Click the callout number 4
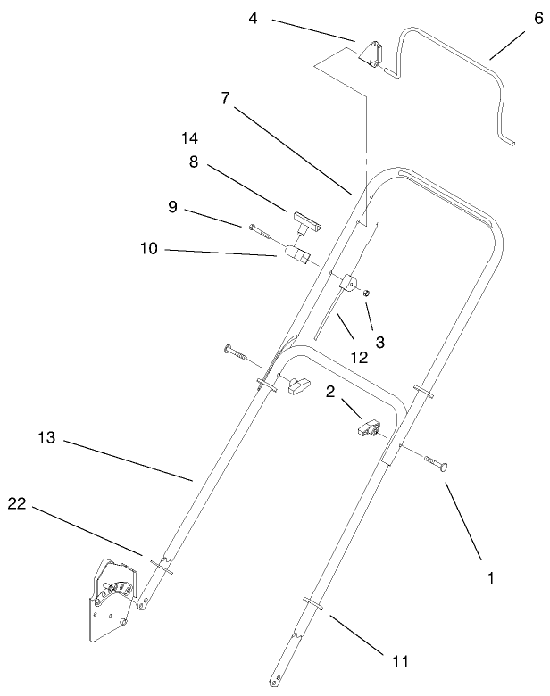click(254, 18)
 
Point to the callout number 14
click(189, 139)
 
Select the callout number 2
click(329, 391)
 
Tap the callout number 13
click(47, 438)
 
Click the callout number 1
click(490, 578)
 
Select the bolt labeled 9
click(264, 230)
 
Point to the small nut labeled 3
click(369, 294)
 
